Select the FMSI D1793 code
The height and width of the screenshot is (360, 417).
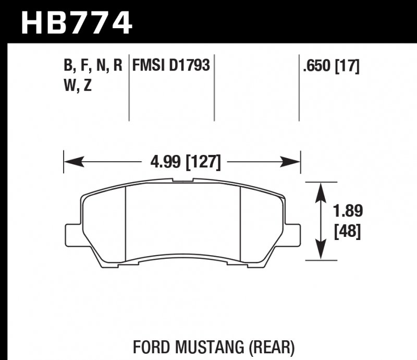coord(171,66)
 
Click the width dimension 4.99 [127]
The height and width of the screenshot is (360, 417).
coord(182,162)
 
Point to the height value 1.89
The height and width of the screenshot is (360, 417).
coord(348,211)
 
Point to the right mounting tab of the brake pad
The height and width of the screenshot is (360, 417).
coord(293,233)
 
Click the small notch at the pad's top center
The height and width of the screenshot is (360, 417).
coord(183,181)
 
